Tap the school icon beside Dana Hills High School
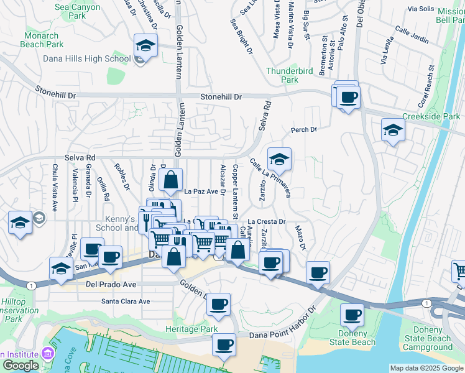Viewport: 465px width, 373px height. pos(145,46)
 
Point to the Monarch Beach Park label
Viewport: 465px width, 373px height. pos(42,40)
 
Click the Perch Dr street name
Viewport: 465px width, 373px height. pos(304,130)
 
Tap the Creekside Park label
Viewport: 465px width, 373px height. pos(431,116)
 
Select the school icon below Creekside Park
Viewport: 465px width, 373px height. pos(393,130)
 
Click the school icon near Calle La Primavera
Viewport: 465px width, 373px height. pos(280,160)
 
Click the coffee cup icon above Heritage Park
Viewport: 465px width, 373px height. pos(218,305)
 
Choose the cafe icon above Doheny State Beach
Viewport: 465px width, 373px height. pos(352,315)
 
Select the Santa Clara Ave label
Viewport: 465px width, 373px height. pos(126,302)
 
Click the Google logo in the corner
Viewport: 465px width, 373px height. pos(21,365)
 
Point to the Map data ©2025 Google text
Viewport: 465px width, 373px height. pos(426,368)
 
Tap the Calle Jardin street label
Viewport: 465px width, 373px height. pos(412,36)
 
